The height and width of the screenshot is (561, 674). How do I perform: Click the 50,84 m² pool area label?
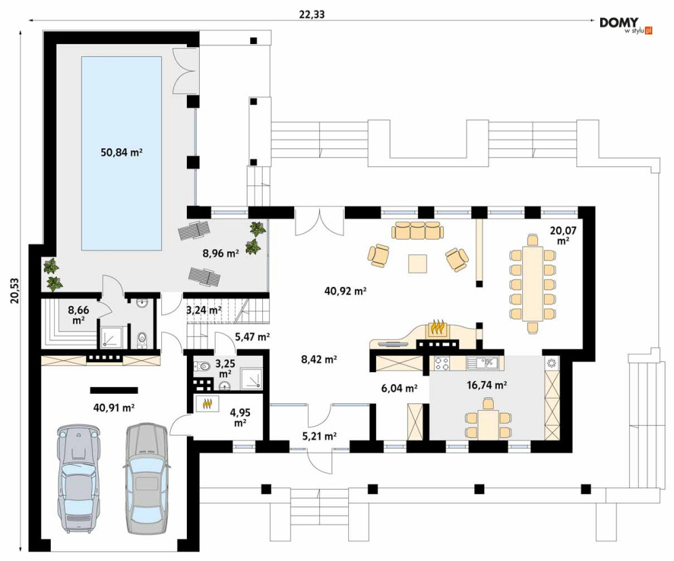tap(122, 152)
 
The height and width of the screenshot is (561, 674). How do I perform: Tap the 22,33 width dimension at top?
tap(312, 15)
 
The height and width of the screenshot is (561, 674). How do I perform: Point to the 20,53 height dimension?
tap(15, 291)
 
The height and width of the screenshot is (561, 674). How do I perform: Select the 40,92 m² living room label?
tap(345, 291)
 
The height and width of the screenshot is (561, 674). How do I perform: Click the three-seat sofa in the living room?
tap(417, 230)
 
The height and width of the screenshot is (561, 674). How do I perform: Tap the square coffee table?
tap(417, 264)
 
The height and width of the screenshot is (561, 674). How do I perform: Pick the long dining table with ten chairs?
tap(533, 284)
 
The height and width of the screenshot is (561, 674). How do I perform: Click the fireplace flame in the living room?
tap(437, 328)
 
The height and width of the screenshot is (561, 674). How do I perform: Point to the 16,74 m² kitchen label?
tap(486, 385)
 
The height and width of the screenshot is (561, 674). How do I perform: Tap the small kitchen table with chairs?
tap(488, 418)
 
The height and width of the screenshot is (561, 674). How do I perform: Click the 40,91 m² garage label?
tap(114, 407)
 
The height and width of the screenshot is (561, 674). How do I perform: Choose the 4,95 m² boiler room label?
tap(240, 418)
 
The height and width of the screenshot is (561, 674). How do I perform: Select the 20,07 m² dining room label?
tap(563, 235)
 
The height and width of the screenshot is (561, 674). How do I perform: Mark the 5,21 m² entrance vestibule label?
tap(319, 437)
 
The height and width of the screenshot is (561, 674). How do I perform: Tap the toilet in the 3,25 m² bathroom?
tap(203, 366)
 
